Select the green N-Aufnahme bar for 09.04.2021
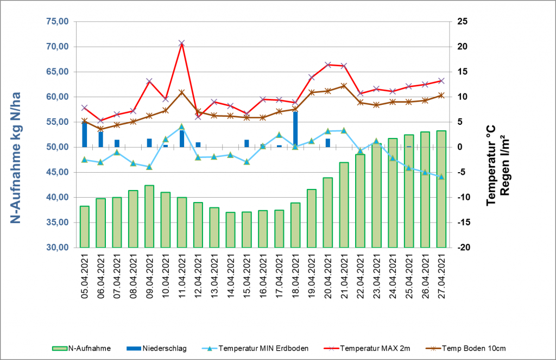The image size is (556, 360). (149, 216)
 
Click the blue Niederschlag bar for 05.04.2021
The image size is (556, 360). (85, 135)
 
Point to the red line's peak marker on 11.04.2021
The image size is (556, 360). (182, 43)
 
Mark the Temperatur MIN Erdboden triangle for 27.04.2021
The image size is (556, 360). (441, 176)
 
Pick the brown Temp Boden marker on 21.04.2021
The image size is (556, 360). (344, 86)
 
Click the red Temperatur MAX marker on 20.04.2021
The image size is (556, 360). (328, 65)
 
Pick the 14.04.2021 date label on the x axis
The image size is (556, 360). (231, 274)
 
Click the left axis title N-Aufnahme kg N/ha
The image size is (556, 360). (16, 135)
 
